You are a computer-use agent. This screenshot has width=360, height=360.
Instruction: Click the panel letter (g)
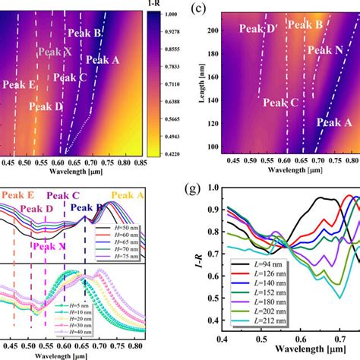click(195, 188)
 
